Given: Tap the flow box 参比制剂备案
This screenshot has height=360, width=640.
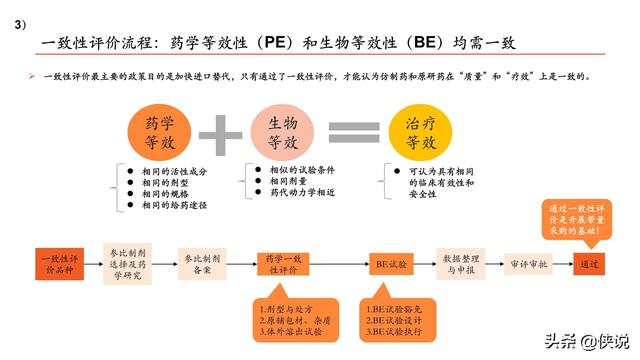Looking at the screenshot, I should click(202, 264).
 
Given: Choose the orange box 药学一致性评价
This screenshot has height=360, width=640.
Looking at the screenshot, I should click(287, 264).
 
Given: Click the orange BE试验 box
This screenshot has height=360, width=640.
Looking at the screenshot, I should click(389, 264).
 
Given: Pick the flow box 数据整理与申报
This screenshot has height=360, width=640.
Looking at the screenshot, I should click(461, 264).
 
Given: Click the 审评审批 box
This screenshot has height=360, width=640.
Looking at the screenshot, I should click(528, 264).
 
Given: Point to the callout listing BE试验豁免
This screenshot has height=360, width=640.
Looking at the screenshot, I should click(397, 314).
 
